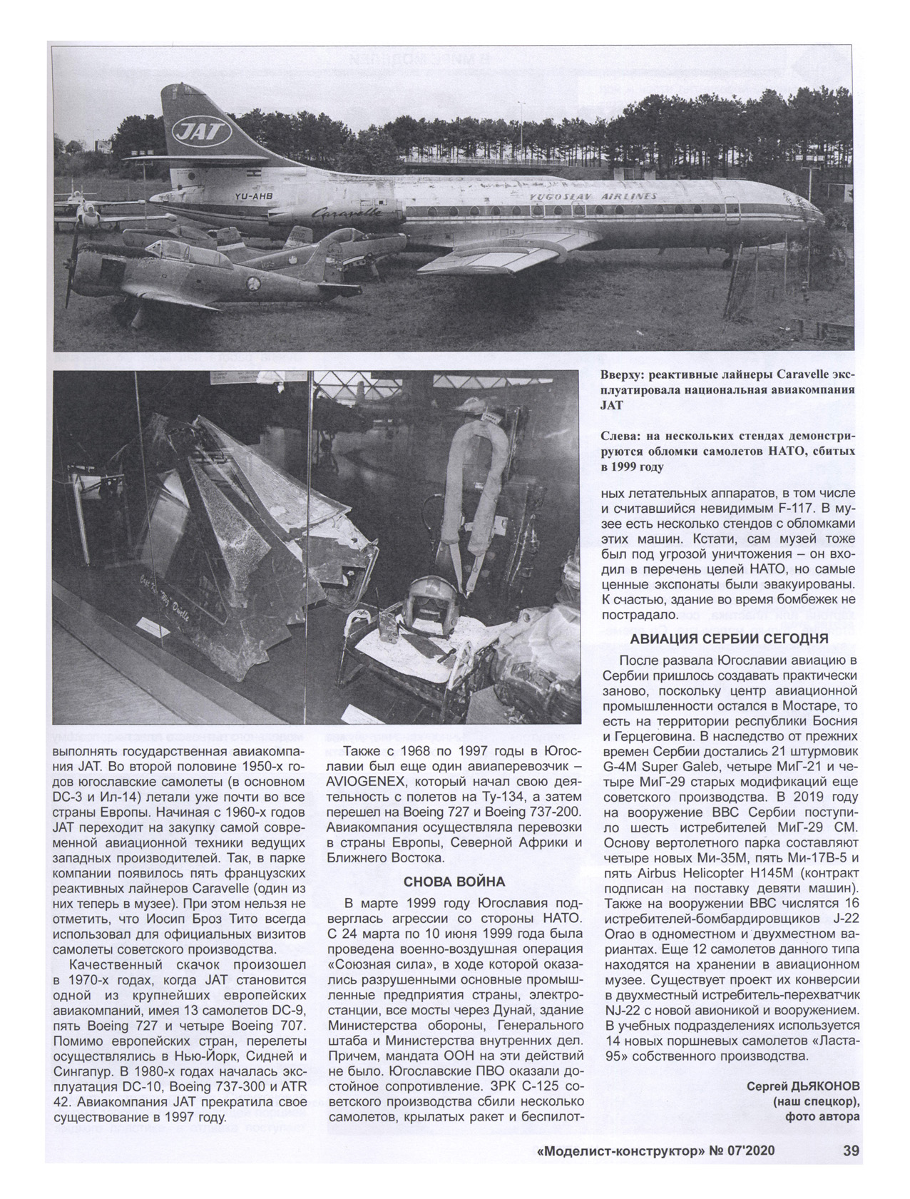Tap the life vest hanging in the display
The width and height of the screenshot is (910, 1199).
pyautogui.click(x=471, y=485)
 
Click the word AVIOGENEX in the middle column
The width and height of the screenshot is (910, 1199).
pyautogui.click(x=369, y=781)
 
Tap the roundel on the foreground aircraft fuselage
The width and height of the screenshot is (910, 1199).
pyautogui.click(x=252, y=285)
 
